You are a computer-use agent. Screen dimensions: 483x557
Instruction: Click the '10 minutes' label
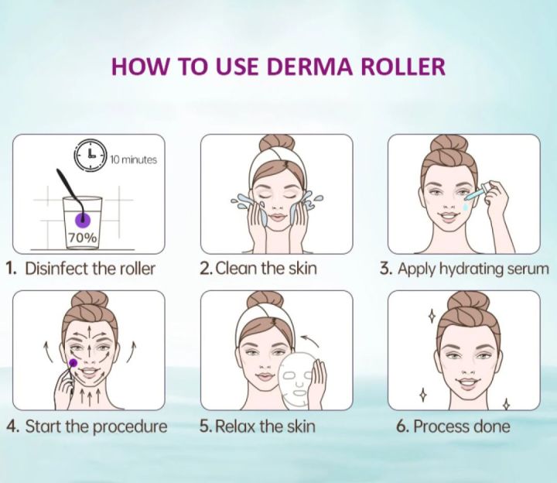[133, 159]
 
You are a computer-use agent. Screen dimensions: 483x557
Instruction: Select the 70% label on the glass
[81, 238]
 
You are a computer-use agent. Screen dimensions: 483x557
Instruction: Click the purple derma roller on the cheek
[73, 362]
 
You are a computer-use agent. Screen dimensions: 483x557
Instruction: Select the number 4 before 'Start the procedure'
[11, 426]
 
